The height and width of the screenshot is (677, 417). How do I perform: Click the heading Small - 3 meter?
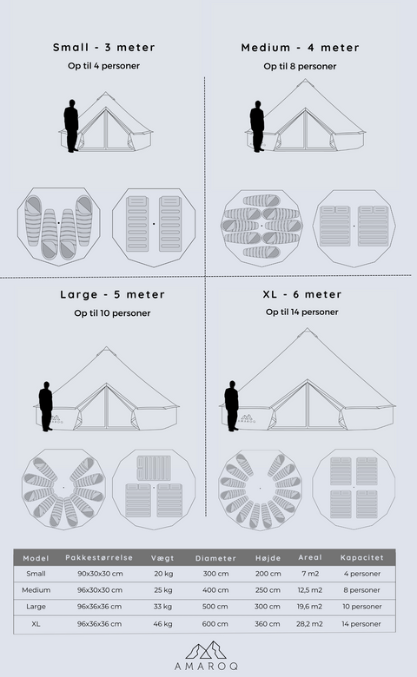coord(103,48)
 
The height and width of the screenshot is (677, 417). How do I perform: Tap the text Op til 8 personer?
coord(300,67)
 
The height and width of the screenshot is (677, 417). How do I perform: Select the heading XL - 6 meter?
coord(302,294)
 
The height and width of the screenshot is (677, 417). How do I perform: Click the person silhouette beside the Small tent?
coord(71,126)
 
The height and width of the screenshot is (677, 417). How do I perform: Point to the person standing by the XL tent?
coord(232,406)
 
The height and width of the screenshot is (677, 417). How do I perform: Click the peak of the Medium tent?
coord(306,80)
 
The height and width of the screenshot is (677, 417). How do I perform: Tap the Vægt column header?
coord(162,558)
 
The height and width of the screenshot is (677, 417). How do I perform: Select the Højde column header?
coord(268,558)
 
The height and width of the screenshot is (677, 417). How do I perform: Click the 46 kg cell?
coord(163,624)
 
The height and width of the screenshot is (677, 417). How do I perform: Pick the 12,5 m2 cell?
coord(310,590)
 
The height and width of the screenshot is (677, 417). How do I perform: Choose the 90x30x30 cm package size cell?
coord(100,574)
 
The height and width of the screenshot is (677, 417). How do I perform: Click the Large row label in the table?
coord(36,607)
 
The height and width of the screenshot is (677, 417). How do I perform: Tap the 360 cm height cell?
coord(268,624)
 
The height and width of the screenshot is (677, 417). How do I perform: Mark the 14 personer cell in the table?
coord(361,624)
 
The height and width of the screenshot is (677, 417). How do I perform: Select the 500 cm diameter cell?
coord(215,607)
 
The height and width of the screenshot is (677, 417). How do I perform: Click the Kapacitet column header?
coord(361,557)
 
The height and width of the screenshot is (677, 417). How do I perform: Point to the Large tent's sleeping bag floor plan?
coord(64,489)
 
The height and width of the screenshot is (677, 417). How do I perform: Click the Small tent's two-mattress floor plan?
coord(154,227)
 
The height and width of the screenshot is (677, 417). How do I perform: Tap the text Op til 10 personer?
coord(112,313)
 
